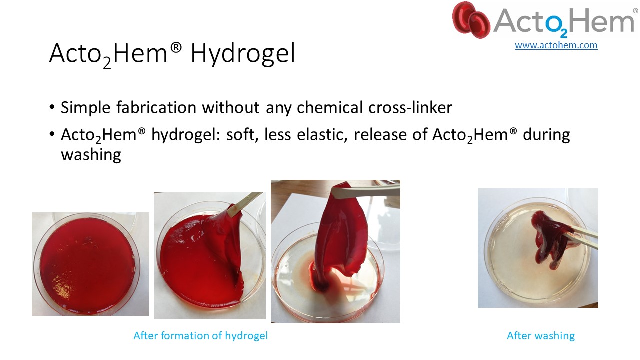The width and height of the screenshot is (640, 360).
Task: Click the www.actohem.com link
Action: pos(556,45)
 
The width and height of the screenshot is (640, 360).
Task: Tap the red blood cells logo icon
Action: pos(471,20)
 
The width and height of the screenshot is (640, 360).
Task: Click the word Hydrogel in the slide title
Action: pos(243,53)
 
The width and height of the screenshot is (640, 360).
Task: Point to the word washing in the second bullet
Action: pos(91,155)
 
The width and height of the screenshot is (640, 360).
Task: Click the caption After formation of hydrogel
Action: pos(201,335)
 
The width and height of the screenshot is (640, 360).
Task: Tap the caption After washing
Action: pos(541,335)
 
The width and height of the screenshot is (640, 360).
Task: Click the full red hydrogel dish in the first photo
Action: pos(87,265)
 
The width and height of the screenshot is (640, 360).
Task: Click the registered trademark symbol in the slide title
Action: pos(176,47)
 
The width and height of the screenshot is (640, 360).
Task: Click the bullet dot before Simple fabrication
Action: pos(51,107)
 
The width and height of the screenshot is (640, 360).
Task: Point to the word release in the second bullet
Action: pos(380,135)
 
